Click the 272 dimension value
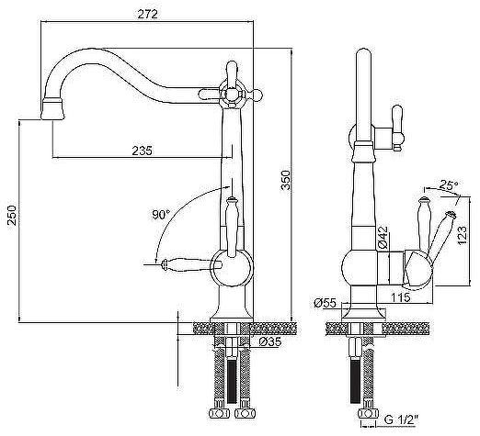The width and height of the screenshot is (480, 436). click(x=147, y=15)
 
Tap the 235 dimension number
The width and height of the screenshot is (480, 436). click(x=142, y=151)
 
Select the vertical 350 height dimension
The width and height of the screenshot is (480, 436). click(x=285, y=180)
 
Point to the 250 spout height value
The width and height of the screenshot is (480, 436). click(x=12, y=216)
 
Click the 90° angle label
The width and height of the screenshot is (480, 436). click(x=161, y=215)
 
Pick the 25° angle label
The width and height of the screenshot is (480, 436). click(x=449, y=184)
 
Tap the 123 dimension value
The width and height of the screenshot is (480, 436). click(x=462, y=235)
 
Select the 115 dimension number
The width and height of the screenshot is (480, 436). click(x=400, y=297)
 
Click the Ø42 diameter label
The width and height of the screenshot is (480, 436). click(x=383, y=238)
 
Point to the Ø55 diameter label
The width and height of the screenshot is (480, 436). click(x=325, y=303)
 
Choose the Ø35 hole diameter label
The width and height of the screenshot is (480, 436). click(x=269, y=341)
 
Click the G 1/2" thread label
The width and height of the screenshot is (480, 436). click(x=401, y=419)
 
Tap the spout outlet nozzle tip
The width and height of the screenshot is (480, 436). click(x=53, y=109)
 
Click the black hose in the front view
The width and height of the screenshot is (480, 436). click(x=232, y=381)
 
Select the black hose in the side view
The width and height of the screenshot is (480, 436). click(x=355, y=381)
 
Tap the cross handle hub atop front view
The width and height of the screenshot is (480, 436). click(x=232, y=92)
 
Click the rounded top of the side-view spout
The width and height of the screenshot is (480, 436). click(x=364, y=53)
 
